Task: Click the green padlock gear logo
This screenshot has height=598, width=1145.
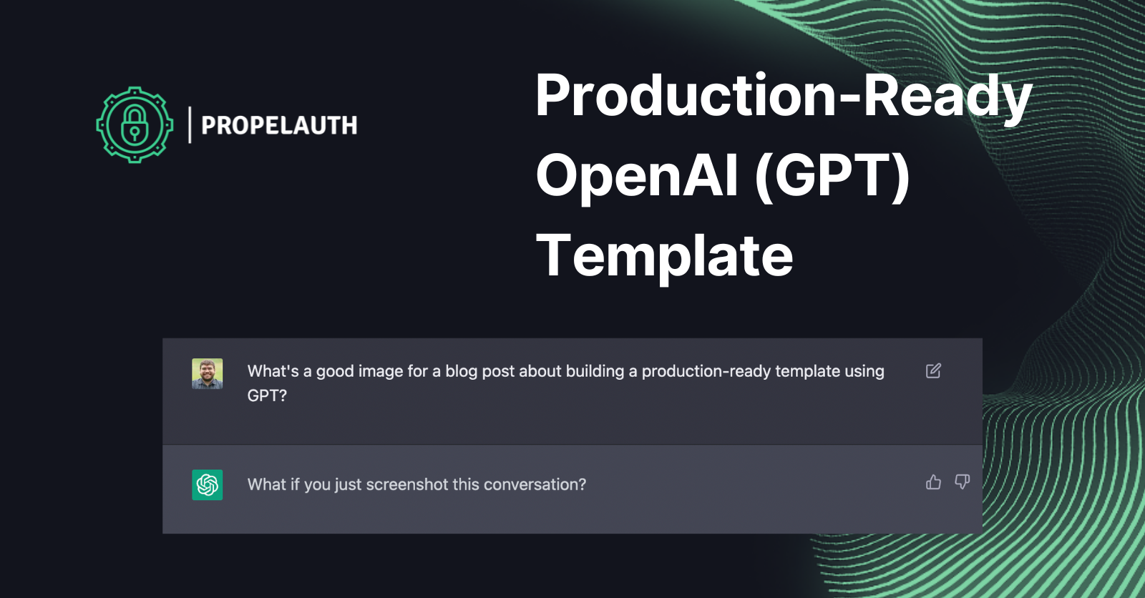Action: (135, 124)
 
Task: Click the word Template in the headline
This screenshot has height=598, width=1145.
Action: (664, 255)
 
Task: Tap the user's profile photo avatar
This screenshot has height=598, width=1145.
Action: (207, 373)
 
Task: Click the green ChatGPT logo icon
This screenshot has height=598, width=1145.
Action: (207, 484)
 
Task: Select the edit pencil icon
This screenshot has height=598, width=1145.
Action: (933, 371)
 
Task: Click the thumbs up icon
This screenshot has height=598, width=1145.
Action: (933, 483)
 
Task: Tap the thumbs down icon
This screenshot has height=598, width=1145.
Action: (962, 482)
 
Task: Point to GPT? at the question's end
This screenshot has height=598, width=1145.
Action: (267, 396)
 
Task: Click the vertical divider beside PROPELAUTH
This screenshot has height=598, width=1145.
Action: (190, 124)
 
